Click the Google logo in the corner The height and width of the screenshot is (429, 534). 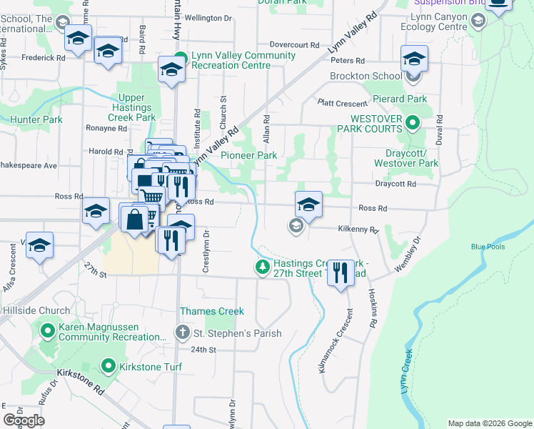point(24,420)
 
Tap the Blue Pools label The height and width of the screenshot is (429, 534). point(488,247)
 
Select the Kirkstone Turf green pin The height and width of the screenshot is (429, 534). point(108,367)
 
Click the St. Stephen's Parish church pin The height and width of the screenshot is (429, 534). point(182,333)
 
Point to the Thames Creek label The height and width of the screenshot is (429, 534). point(212,311)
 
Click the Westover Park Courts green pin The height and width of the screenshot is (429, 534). point(412,124)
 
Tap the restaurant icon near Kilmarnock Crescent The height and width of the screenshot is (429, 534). point(341,272)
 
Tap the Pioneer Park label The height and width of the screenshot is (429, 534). point(248,155)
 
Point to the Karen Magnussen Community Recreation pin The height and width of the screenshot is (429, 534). point(48,331)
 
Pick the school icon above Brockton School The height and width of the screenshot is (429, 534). point(413,59)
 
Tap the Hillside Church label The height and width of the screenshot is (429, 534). point(35,311)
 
